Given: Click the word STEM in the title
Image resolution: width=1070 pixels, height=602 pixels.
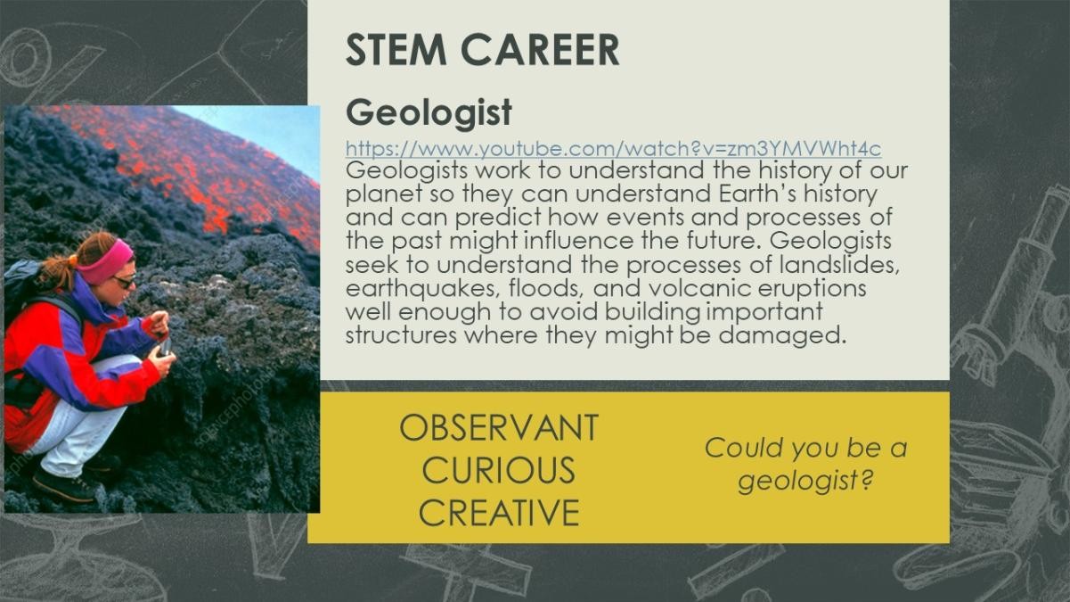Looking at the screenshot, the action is pos(396,50).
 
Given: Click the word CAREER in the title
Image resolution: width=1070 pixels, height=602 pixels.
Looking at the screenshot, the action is pos(541,50).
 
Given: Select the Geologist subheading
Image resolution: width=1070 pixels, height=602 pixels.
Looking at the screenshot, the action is pos(429,113).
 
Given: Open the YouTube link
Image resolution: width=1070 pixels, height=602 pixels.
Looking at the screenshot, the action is pos(613,149).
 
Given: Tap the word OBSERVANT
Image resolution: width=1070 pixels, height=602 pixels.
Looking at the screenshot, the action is pos(499,428).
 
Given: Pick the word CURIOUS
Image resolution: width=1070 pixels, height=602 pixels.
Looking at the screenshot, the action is pos(499,470).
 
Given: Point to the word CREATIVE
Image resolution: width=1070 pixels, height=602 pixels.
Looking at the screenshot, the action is pos(499,512).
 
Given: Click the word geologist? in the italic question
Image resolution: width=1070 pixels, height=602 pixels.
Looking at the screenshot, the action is pos(805,480).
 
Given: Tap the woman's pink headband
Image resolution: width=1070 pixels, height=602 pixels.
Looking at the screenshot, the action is pos(108,262).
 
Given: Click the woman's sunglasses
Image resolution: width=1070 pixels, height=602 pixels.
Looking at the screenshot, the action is pos(124,282).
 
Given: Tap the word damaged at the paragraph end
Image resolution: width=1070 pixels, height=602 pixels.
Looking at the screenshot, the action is pos(782,336).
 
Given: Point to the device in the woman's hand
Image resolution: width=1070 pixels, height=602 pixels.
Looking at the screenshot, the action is pos(165,347).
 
